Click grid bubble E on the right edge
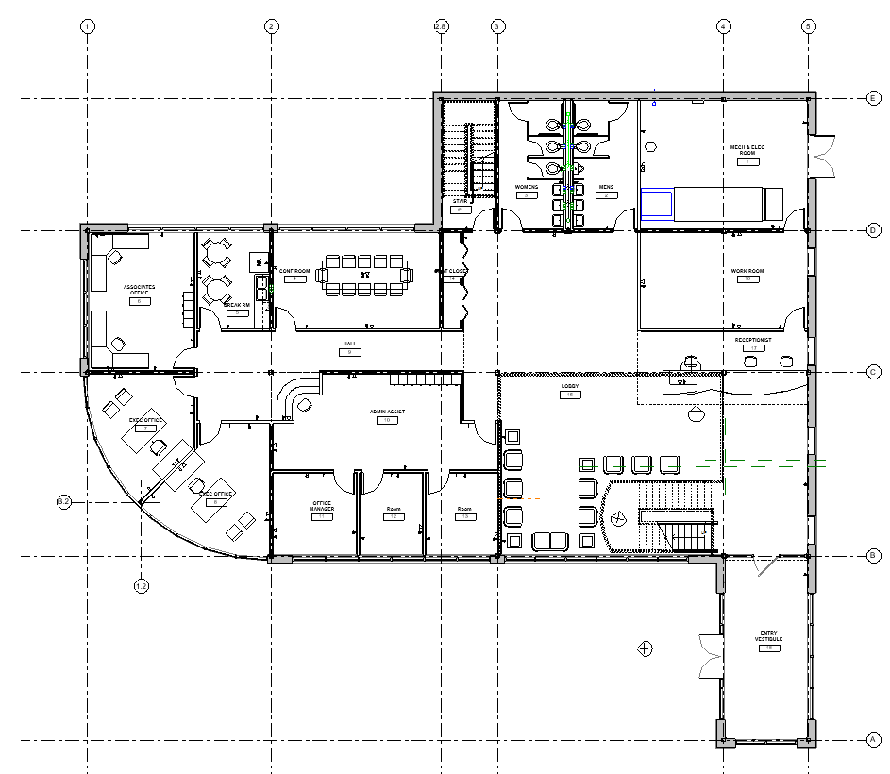coord(873,97)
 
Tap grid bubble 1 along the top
coord(87,26)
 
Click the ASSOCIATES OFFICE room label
coord(141,290)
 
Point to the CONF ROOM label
coord(294,272)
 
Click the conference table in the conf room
coord(365,275)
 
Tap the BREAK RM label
coord(236,305)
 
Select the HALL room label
coord(349,344)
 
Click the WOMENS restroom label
coord(526,187)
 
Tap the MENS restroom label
coord(605,187)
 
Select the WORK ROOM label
coord(747,271)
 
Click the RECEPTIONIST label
coord(753,340)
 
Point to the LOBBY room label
coord(569,387)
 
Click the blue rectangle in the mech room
coord(657,204)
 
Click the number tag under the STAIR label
coord(461,210)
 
